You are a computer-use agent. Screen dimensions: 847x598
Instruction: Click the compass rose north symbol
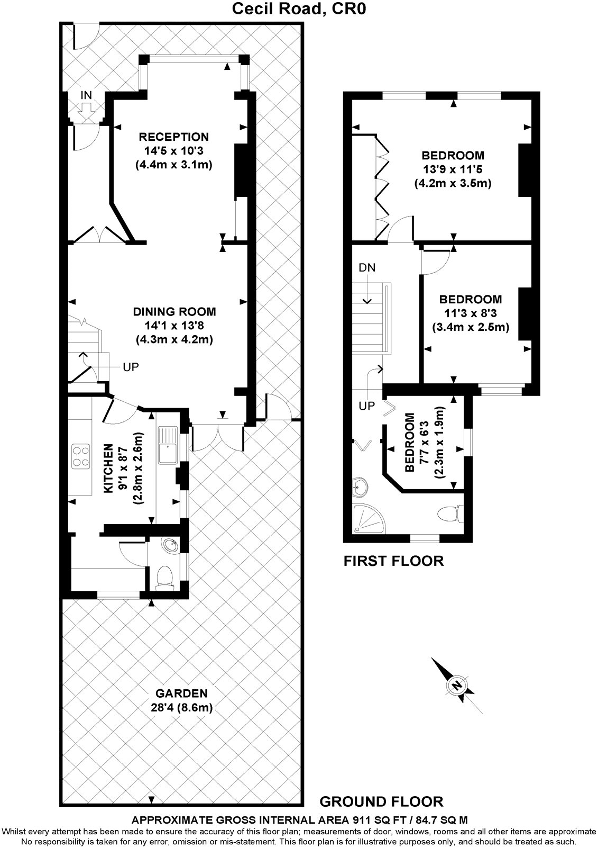[x=455, y=684]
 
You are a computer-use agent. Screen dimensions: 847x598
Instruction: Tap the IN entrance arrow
[x=86, y=109]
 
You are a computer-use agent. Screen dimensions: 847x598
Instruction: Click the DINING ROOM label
[x=174, y=312]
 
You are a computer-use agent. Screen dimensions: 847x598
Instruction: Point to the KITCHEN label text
[x=108, y=468]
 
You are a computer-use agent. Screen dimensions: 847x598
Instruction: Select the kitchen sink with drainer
[x=168, y=444]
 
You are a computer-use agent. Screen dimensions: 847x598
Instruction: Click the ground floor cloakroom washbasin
[x=171, y=545]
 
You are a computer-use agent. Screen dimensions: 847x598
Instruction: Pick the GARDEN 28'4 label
[x=181, y=693]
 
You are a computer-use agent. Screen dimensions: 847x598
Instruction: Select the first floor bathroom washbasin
[x=361, y=486]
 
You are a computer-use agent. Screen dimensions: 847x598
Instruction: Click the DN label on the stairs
[x=367, y=267]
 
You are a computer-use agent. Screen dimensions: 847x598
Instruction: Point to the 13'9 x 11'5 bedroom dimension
[x=453, y=169]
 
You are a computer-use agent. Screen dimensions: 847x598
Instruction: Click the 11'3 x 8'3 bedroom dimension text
[x=470, y=313]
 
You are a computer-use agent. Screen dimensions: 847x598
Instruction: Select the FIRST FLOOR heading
[x=393, y=561]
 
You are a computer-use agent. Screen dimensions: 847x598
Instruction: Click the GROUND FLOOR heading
[x=381, y=801]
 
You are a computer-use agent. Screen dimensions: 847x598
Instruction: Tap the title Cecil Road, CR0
[x=298, y=8]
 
